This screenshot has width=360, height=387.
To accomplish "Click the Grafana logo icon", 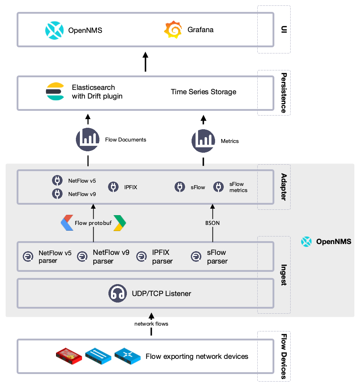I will [173, 30].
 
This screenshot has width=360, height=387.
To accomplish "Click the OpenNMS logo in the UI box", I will [54, 30].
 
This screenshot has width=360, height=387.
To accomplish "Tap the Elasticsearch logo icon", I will [55, 92].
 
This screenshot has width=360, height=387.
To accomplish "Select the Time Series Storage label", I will [203, 92].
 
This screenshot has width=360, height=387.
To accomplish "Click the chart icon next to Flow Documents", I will [87, 140].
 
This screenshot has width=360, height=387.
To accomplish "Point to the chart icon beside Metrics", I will [203, 141].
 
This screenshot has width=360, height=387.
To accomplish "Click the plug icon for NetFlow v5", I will [57, 181].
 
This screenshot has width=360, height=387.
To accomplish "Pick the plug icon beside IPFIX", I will [113, 187].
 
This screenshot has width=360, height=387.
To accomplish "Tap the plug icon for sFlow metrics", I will [218, 187].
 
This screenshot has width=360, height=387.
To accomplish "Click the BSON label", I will [212, 223].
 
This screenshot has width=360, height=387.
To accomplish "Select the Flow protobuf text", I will [93, 223].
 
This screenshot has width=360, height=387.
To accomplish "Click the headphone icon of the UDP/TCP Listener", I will [117, 293].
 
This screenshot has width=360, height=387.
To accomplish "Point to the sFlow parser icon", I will [196, 256].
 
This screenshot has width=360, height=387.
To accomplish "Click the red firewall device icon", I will [69, 356].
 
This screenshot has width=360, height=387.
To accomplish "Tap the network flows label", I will [151, 324].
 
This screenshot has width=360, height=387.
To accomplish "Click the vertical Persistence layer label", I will [284, 93].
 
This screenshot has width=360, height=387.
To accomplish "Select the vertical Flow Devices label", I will [284, 356].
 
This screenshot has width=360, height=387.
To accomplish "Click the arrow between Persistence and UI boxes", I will [145, 61].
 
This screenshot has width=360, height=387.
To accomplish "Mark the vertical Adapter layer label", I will [284, 187].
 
